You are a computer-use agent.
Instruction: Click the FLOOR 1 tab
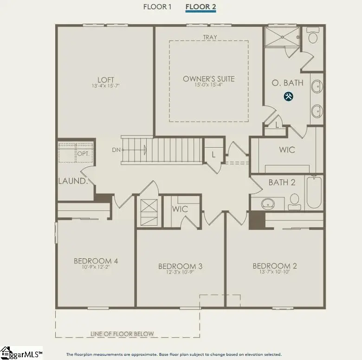coord(157,7)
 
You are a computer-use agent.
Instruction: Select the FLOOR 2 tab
coord(200,7)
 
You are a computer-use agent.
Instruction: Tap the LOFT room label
coord(106,80)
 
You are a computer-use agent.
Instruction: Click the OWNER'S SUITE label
coord(208,79)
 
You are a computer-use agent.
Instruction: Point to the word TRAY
coord(210,37)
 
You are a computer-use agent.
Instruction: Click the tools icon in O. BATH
coord(288,97)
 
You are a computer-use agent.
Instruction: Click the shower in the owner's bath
coord(282,37)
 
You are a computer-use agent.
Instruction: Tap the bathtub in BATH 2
coord(313,191)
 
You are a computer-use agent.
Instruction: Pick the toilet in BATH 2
coord(294,200)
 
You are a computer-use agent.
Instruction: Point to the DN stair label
coord(116,150)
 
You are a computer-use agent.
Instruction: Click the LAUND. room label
coord(73,181)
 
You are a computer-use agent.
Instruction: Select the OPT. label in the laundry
coord(84,153)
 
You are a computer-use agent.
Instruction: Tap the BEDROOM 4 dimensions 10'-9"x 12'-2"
coord(96,268)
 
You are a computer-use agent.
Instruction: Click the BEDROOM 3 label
coord(180,266)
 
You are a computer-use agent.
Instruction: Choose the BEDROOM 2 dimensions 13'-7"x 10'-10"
coord(275,272)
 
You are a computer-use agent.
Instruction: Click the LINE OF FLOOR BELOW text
coord(123,334)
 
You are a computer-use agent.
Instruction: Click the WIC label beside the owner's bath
coord(286,150)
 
